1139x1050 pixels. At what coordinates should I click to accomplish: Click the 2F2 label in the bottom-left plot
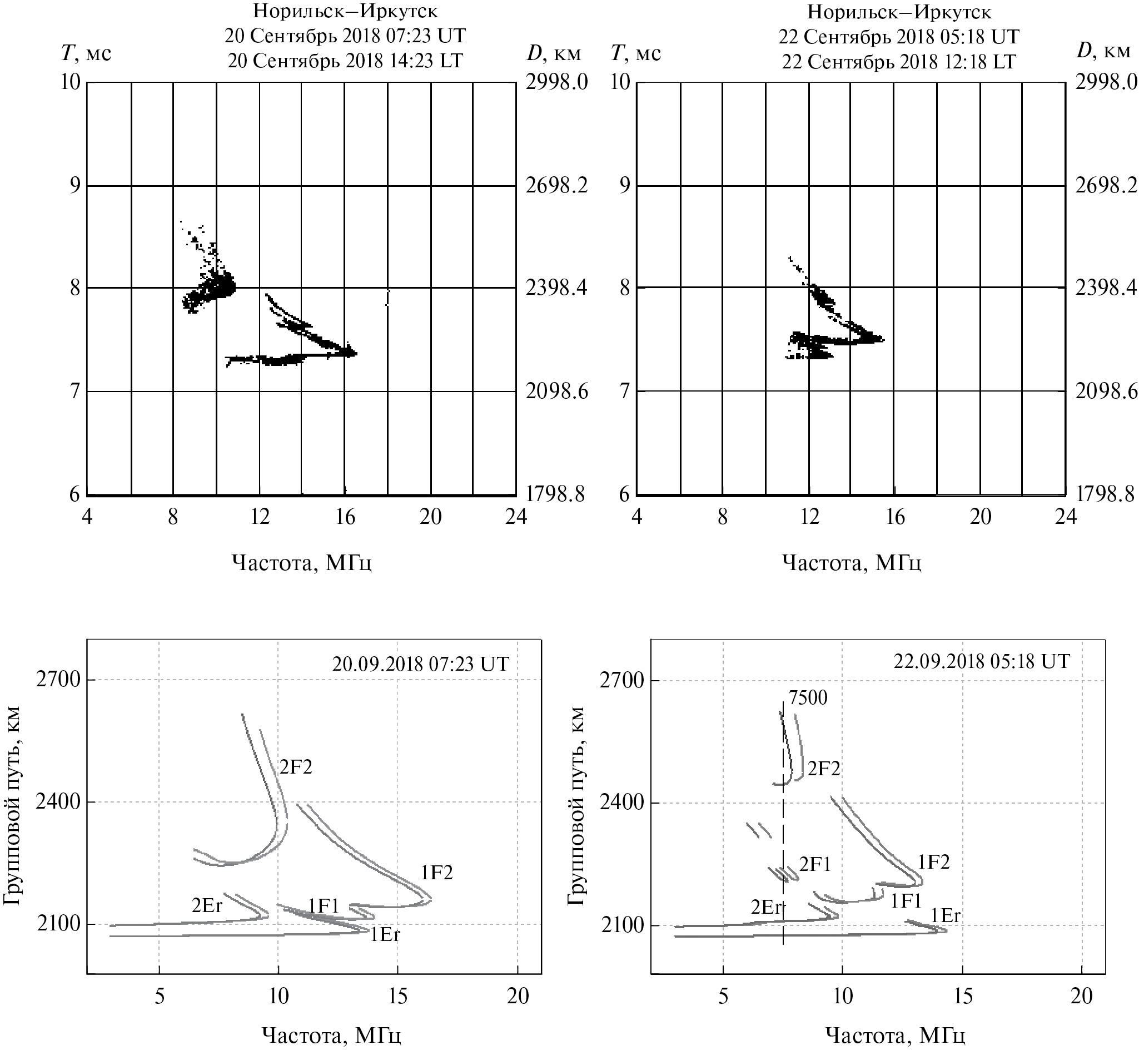[295, 767]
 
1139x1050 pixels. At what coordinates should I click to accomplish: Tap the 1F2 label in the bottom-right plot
[933, 863]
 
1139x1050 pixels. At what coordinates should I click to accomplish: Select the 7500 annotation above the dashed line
[808, 698]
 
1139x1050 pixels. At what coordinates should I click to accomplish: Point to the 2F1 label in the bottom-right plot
[815, 865]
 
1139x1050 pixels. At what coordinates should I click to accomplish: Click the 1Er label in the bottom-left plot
[385, 935]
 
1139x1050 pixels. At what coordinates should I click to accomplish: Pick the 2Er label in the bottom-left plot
[207, 906]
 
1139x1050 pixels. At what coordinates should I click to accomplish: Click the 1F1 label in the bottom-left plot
[323, 906]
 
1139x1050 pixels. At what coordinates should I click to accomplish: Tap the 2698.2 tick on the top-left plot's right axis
[556, 186]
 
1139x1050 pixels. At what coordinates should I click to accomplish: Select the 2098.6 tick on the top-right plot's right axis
[1106, 392]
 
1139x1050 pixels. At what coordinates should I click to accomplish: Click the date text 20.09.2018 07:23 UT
[421, 664]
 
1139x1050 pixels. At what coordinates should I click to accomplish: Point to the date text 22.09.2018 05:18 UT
[982, 661]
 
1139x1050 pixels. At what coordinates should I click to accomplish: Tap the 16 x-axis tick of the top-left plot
[345, 517]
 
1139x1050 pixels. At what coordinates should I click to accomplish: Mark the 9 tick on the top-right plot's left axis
[625, 186]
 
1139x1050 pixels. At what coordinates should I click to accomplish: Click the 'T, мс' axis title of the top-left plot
[86, 53]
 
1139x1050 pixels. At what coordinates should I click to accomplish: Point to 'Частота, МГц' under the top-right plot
[851, 562]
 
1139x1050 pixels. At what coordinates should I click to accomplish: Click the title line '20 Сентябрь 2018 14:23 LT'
[345, 60]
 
